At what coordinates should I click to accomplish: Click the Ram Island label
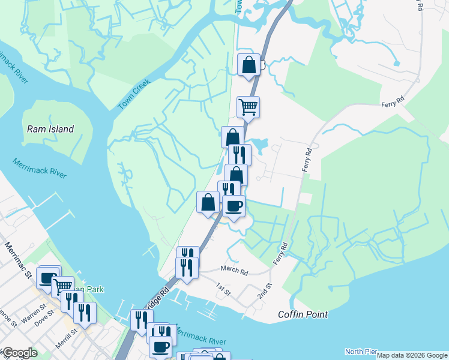[50, 129]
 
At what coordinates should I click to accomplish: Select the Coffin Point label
[303, 314]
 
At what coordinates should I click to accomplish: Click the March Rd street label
[234, 271]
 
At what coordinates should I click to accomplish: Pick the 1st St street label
[223, 292]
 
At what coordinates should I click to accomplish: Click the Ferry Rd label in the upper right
[393, 104]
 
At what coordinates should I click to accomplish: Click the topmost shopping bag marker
[249, 65]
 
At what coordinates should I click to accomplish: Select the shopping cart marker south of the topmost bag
[248, 107]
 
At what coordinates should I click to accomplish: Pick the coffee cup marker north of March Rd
[234, 206]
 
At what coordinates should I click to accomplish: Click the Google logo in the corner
[19, 353]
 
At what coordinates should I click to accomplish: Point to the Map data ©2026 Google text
[412, 355]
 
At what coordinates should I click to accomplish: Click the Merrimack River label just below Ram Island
[40, 167]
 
